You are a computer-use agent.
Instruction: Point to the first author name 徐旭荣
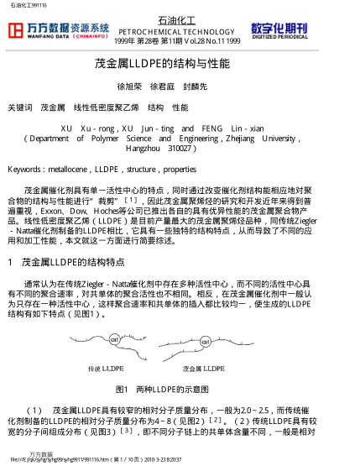128,86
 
